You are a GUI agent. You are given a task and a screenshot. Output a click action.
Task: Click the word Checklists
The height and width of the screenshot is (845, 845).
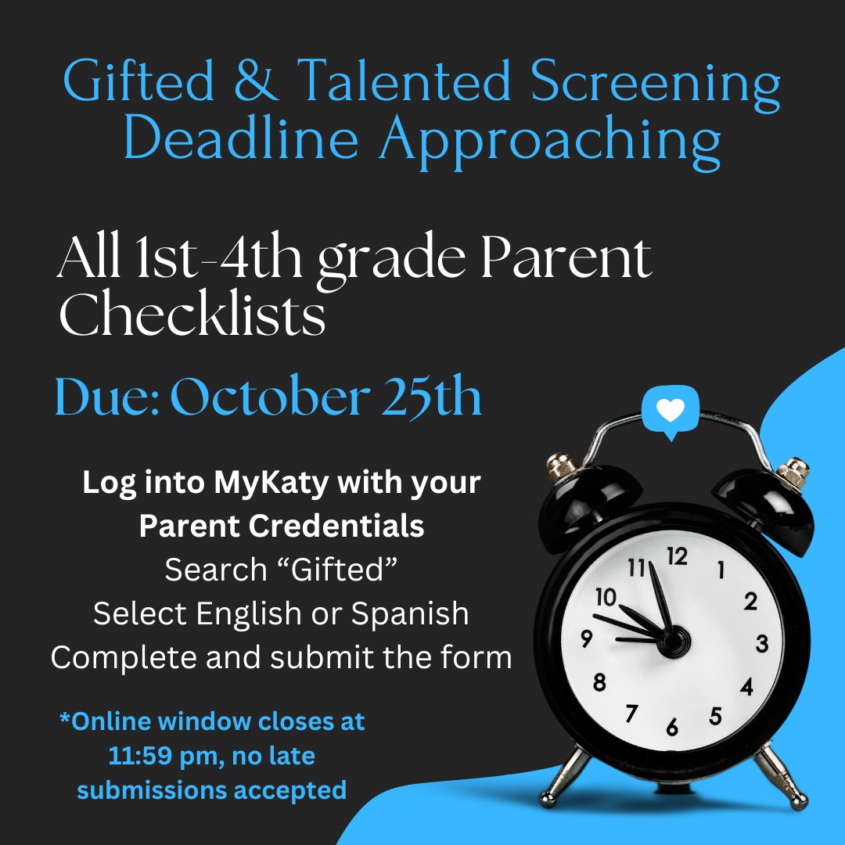(x=192, y=315)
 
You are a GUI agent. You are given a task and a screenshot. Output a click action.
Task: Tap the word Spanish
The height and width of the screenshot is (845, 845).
(x=410, y=614)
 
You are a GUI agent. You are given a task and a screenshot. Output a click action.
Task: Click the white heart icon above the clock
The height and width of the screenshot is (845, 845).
(x=670, y=410)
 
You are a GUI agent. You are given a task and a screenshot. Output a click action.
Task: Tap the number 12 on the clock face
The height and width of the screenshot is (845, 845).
(x=677, y=556)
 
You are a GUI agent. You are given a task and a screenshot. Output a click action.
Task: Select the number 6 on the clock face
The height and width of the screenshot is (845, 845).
(x=671, y=728)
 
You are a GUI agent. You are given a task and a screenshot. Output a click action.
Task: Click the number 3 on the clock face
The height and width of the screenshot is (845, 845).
(x=762, y=645)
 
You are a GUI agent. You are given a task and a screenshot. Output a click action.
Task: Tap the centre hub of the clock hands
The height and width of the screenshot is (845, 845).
(x=674, y=644)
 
